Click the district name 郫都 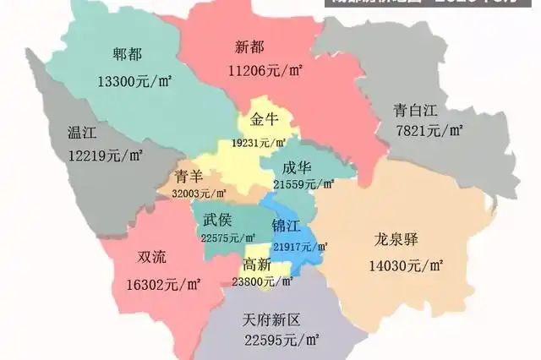[128, 55]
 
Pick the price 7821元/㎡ [429, 130]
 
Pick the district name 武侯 [217, 220]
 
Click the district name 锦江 [285, 226]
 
